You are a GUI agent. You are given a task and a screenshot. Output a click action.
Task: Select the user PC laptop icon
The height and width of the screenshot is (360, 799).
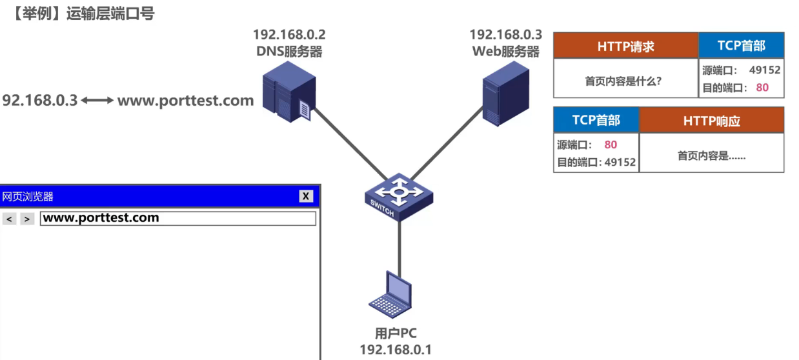pyautogui.click(x=392, y=296)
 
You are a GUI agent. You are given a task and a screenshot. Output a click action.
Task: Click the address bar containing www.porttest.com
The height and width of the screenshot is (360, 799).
pyautogui.click(x=178, y=219)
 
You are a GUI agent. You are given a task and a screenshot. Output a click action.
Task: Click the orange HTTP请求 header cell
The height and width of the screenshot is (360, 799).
pyautogui.click(x=625, y=46)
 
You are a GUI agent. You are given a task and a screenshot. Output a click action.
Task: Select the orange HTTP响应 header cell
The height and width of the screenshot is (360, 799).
pyautogui.click(x=711, y=121)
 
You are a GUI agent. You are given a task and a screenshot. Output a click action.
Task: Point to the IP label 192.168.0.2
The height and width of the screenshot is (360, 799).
pyautogui.click(x=289, y=35)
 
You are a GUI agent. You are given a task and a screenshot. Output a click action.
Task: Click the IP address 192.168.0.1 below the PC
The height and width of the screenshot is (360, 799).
pyautogui.click(x=396, y=350)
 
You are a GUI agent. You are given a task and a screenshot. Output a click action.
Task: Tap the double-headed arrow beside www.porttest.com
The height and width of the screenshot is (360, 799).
pyautogui.click(x=97, y=101)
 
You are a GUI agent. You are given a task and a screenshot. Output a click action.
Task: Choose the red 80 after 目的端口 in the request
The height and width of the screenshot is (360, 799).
pyautogui.click(x=762, y=88)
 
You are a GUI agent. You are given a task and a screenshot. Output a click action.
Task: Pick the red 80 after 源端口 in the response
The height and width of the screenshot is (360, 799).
pyautogui.click(x=611, y=145)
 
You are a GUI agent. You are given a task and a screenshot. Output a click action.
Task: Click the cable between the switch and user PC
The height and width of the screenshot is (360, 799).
pyautogui.click(x=400, y=245)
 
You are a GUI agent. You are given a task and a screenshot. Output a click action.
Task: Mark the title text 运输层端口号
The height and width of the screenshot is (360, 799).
pyautogui.click(x=110, y=14)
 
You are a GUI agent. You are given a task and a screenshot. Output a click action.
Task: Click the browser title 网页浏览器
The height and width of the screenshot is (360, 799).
pyautogui.click(x=28, y=197)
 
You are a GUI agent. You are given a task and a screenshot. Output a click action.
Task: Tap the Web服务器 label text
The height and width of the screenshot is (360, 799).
pyautogui.click(x=505, y=52)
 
